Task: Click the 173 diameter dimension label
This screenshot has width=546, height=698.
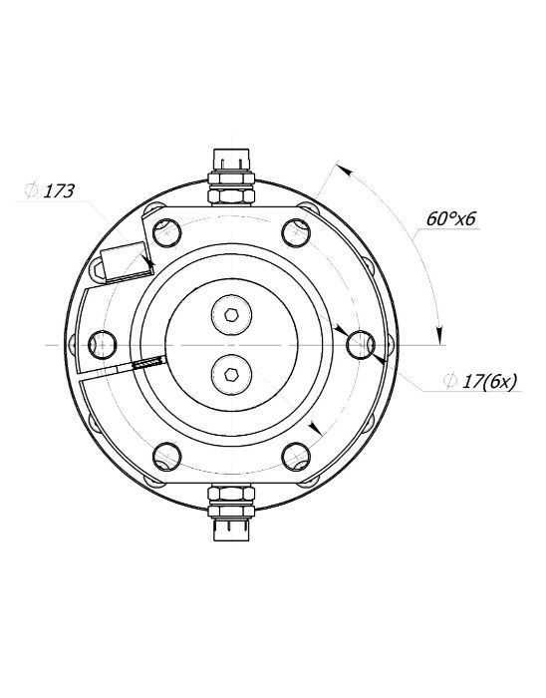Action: [x=58, y=191]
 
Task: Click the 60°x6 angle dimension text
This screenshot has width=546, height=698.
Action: [x=451, y=218]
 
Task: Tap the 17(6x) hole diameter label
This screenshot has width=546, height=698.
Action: [x=490, y=382]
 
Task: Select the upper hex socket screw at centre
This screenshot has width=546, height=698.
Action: [x=231, y=315]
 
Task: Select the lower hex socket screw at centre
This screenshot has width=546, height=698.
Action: [x=231, y=374]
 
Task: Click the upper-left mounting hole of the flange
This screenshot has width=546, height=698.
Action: [x=166, y=232]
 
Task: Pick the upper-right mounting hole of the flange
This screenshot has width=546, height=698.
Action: [x=296, y=232]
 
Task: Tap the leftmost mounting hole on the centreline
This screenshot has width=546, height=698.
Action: [x=103, y=345]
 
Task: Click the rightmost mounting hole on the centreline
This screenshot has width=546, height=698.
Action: [x=361, y=345]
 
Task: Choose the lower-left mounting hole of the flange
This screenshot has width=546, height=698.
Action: [x=166, y=457]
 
